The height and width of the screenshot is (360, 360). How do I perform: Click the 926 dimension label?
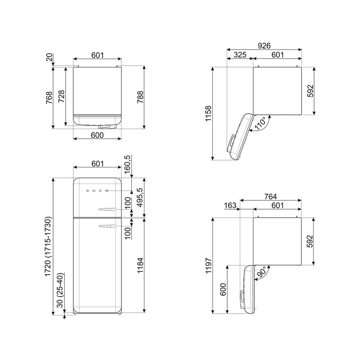tap(264, 46)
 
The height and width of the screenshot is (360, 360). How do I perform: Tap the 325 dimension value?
tap(240, 55)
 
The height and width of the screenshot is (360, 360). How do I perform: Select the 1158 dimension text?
tap(208, 113)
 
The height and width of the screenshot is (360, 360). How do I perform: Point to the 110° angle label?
tap(261, 123)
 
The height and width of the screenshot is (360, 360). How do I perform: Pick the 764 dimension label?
tap(270, 197)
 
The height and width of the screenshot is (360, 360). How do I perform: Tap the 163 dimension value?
tap(230, 205)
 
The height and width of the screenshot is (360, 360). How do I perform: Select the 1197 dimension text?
tap(208, 265)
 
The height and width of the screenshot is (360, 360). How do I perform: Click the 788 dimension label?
tap(140, 97)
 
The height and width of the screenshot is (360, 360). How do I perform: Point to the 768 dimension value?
tap(49, 98)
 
